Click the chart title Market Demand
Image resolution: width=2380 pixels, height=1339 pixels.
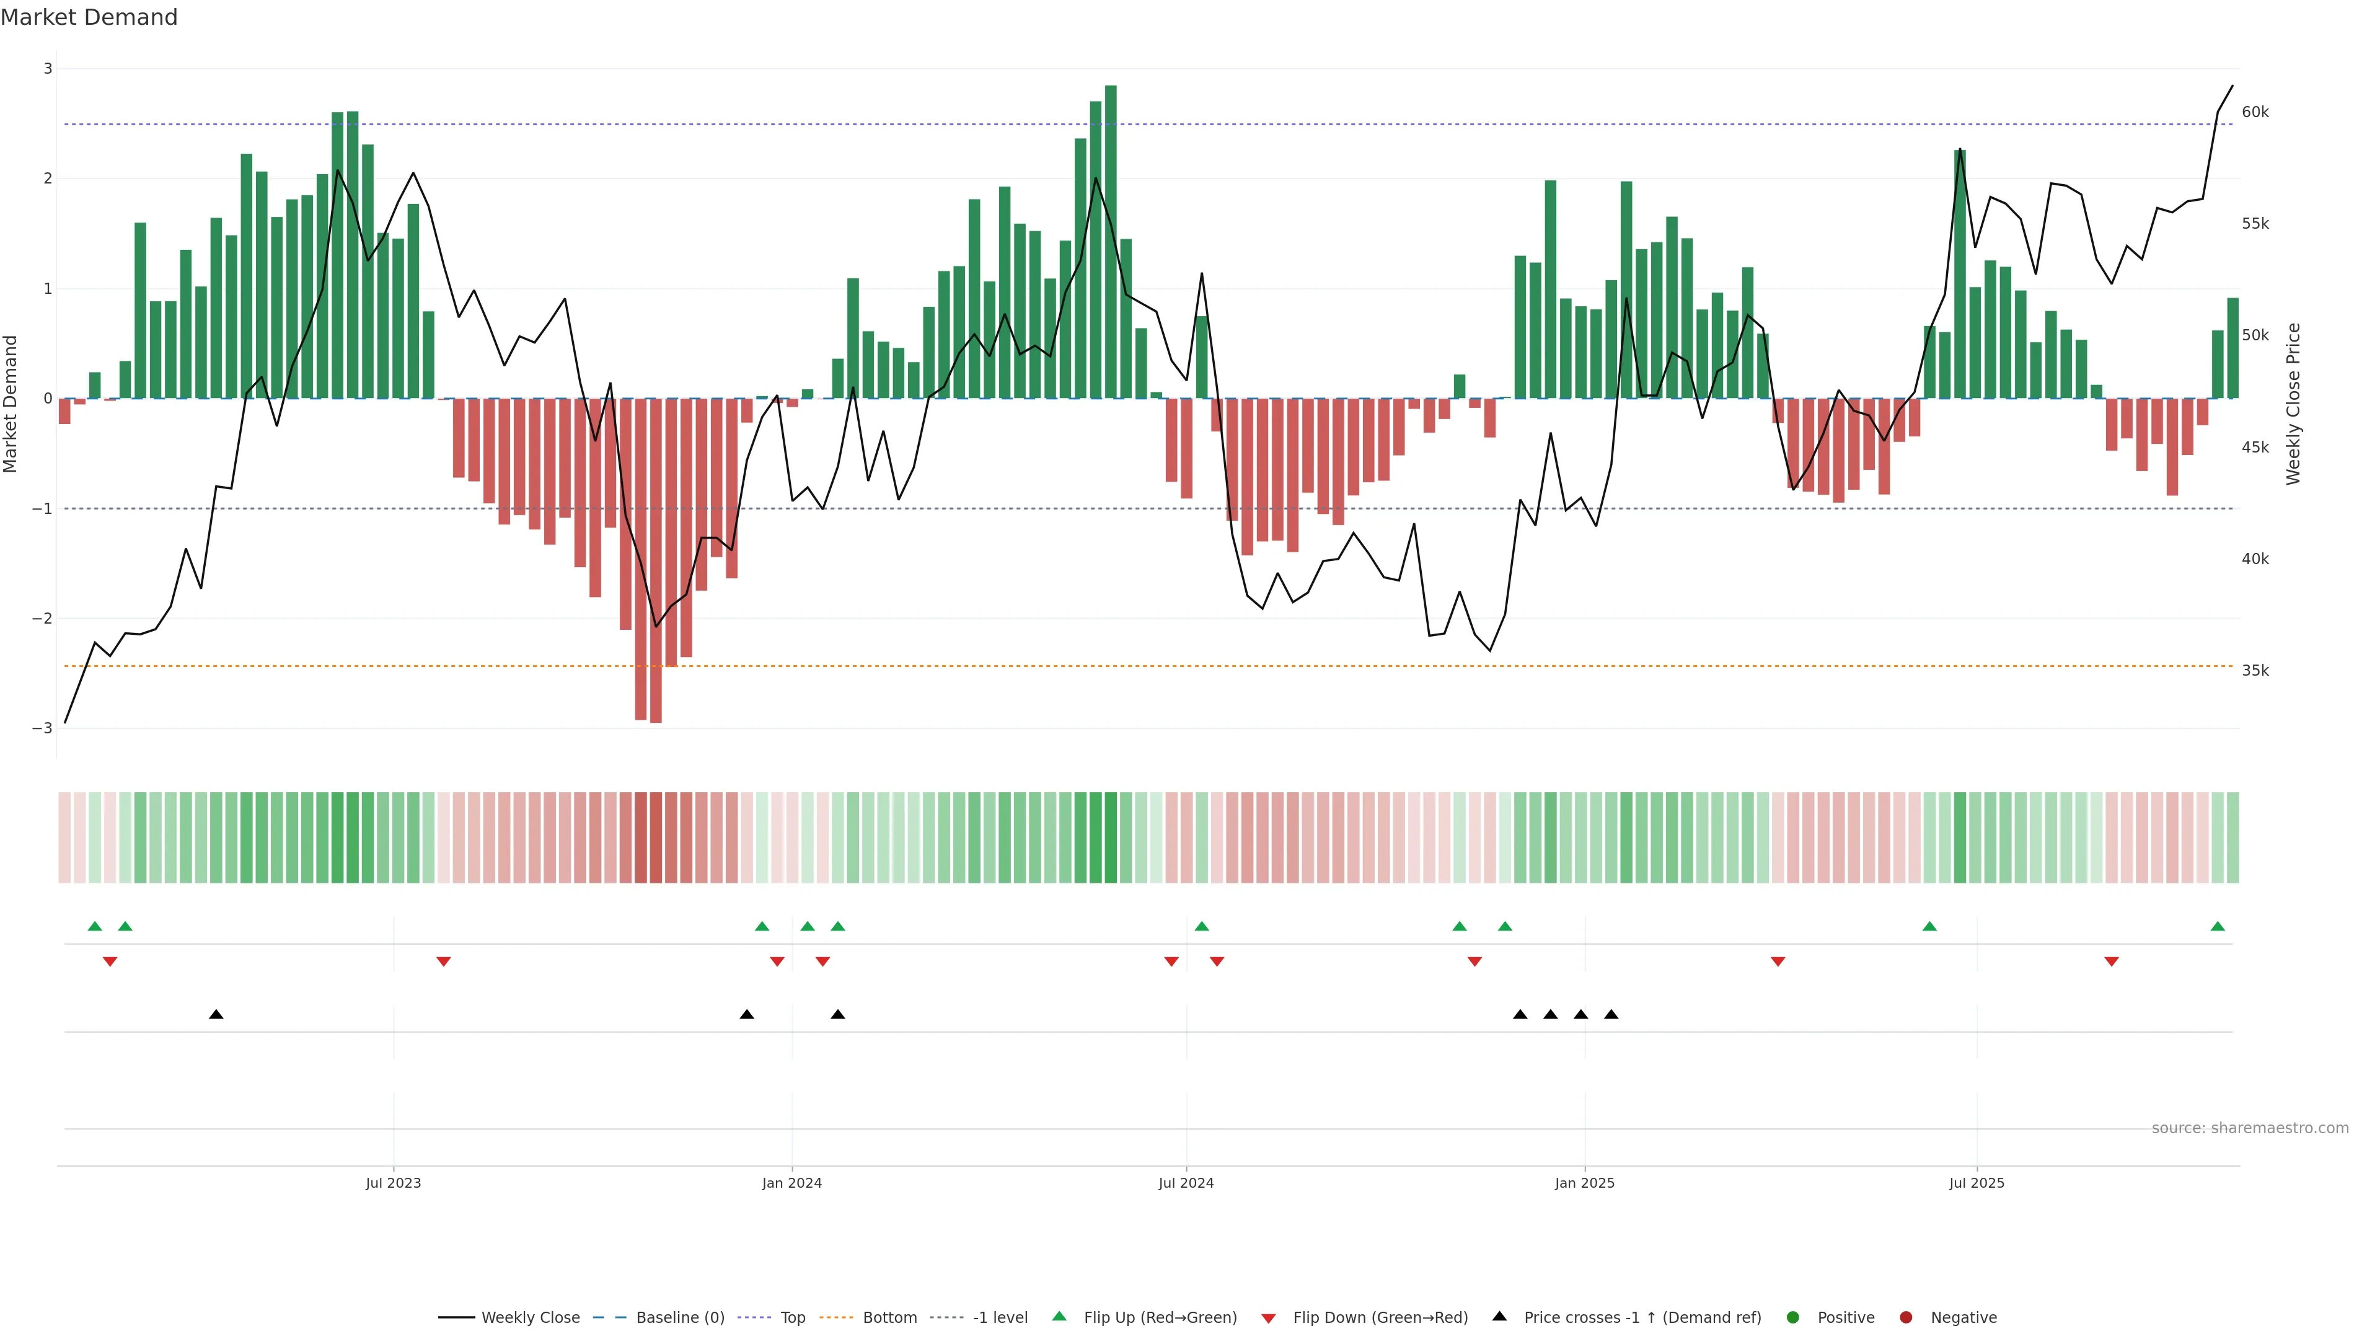[89, 17]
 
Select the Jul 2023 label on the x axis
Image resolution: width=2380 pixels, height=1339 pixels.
[393, 1183]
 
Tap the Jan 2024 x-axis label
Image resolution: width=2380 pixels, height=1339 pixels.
[792, 1183]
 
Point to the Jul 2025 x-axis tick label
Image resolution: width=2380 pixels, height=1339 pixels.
[1977, 1183]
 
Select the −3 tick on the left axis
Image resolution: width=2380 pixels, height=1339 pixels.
[43, 728]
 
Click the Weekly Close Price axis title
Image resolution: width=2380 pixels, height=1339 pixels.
[2293, 404]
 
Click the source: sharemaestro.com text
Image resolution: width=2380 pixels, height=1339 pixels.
[2250, 1128]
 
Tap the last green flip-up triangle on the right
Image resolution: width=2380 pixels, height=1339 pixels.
[2218, 926]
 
